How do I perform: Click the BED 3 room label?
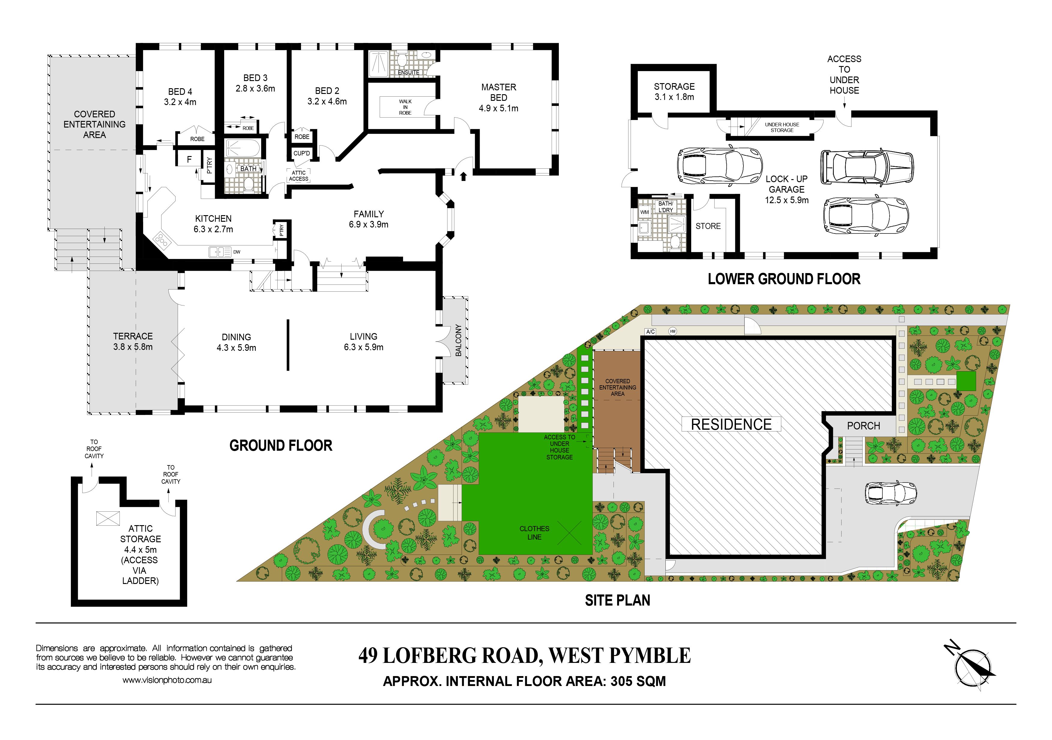pos(255,78)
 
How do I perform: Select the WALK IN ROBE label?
pos(405,107)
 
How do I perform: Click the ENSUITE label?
pos(408,72)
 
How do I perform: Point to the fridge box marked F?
pos(189,159)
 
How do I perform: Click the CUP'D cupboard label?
pos(301,153)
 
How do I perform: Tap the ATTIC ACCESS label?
pos(299,176)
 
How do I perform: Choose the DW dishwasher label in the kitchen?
pos(237,252)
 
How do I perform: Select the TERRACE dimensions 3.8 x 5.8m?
pos(133,347)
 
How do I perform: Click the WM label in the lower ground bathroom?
pos(645,212)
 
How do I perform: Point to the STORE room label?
pos(708,226)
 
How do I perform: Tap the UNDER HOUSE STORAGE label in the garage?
pos(782,127)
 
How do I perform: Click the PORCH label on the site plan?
pos(863,426)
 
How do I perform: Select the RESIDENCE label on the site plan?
pos(731,424)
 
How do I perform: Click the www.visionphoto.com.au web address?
pos(167,680)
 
